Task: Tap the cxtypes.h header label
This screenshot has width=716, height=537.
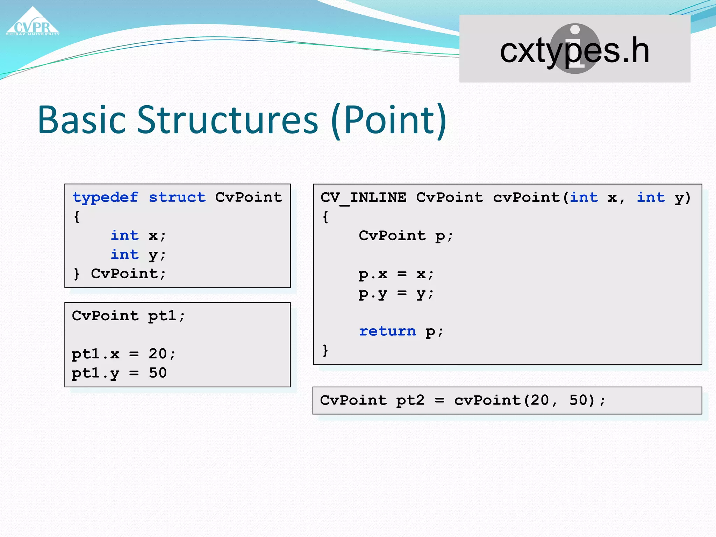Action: pos(574,51)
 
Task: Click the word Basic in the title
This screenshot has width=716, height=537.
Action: pos(81,120)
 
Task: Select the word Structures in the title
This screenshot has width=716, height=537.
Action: pos(227,120)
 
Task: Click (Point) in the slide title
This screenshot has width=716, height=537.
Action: pos(388,120)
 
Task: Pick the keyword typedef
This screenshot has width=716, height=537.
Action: pos(105,198)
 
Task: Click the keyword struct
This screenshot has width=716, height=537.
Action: pos(177,198)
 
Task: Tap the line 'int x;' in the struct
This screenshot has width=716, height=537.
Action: pos(138,236)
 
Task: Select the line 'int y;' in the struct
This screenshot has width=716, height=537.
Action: pos(138,255)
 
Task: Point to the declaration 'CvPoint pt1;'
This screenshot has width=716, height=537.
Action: pos(128,316)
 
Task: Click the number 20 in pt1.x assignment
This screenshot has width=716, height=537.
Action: pos(158,354)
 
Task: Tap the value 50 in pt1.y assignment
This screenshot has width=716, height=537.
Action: pos(158,373)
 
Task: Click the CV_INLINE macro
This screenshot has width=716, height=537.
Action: pos(363,198)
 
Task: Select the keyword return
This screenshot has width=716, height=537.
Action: pos(387,331)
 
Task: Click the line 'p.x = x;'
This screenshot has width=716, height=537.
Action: pos(396,274)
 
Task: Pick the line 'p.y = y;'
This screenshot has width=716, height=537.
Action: pos(396,294)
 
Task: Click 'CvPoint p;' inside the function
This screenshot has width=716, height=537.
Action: pos(406,236)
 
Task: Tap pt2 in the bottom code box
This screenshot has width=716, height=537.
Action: pos(410,400)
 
